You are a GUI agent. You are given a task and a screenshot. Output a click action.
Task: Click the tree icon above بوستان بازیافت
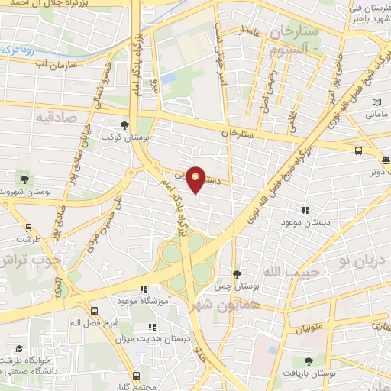(309, 361)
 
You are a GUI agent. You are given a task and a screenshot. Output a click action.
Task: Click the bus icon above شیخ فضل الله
(95, 312)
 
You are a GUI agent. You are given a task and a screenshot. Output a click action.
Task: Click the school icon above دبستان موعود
(305, 209)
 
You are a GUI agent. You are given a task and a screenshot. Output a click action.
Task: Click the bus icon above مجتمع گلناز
(136, 376)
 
